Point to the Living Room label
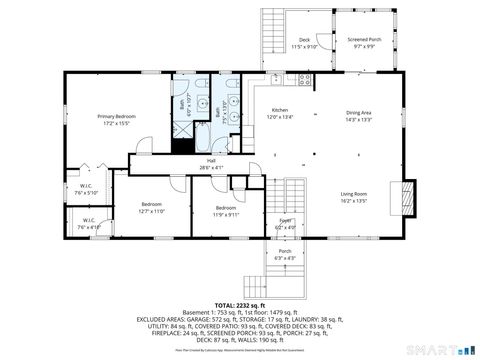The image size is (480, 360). click(x=354, y=197)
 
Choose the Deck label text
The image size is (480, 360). click(x=304, y=43)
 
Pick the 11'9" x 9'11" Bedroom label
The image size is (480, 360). click(x=226, y=211)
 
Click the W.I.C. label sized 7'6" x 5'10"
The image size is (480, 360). click(x=86, y=190)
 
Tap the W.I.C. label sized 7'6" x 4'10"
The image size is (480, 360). click(x=88, y=224)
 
